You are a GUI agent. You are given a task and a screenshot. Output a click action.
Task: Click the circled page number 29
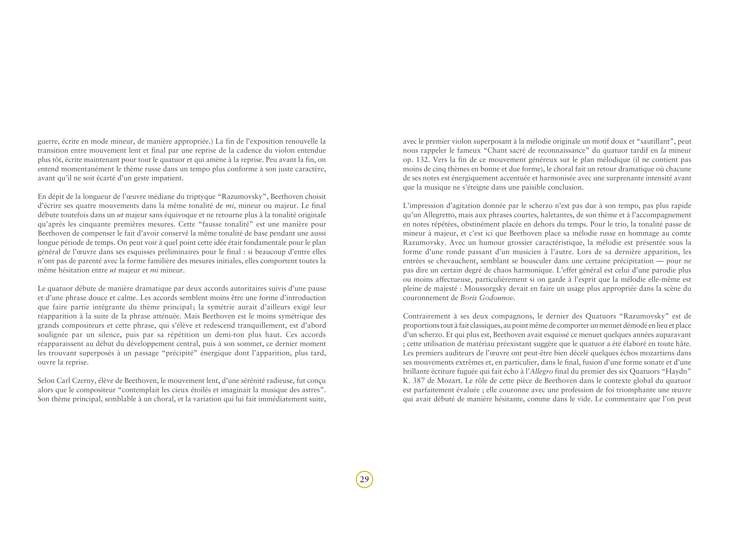[x=364, y=479]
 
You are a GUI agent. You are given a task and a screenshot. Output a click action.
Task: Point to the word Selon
[x=46, y=381]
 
